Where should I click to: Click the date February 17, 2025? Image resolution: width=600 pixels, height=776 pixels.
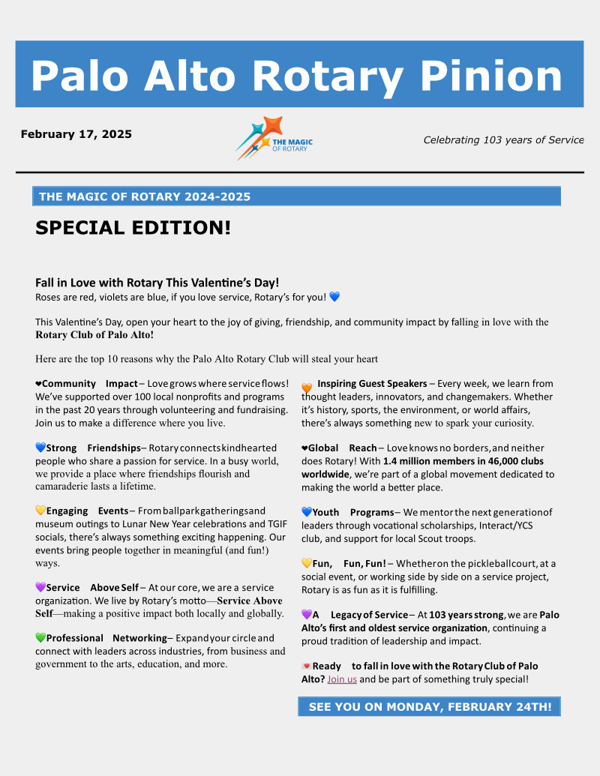tap(76, 135)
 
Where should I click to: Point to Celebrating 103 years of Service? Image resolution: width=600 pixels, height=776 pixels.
tap(503, 139)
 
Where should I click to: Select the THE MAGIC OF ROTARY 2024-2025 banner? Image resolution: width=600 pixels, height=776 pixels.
tap(296, 196)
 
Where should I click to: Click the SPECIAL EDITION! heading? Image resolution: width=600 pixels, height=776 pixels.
tap(133, 228)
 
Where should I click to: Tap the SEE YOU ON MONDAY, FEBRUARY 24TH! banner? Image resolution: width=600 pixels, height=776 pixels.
tap(429, 707)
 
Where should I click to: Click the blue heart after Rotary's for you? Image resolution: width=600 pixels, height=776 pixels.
tap(334, 297)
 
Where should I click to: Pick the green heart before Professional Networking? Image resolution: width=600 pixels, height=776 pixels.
tap(40, 638)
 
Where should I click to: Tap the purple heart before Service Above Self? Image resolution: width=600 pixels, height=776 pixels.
tap(40, 588)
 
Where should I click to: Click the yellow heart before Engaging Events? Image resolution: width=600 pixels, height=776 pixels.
tap(40, 511)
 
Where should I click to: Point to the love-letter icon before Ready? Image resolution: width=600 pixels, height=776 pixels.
tap(306, 666)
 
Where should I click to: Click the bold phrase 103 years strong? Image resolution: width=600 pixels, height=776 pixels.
tap(466, 615)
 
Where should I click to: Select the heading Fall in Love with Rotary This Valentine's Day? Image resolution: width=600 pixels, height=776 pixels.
tap(157, 283)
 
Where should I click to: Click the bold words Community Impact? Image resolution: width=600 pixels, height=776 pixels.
tap(89, 384)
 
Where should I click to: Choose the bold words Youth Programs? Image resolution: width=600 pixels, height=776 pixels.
tap(352, 513)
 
